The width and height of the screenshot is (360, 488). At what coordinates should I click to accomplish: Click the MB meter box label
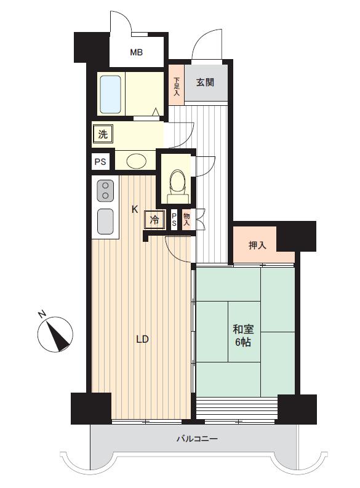pyautogui.click(x=136, y=52)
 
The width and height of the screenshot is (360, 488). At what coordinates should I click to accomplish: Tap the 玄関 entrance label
pyautogui.click(x=205, y=82)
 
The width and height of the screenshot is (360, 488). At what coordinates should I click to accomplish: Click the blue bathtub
pyautogui.click(x=110, y=94)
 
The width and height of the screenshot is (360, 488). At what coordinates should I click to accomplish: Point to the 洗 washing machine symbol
pyautogui.click(x=103, y=134)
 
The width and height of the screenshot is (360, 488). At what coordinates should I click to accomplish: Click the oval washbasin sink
pyautogui.click(x=137, y=161)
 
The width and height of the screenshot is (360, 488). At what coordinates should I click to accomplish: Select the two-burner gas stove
pyautogui.click(x=105, y=191)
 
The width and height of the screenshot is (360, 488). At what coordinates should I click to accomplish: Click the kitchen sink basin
pyautogui.click(x=105, y=221)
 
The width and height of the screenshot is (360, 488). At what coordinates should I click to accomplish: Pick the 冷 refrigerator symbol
pyautogui.click(x=154, y=220)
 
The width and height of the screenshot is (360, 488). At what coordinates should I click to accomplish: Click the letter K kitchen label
pyautogui.click(x=134, y=210)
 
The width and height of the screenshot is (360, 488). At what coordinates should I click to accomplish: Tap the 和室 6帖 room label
pyautogui.click(x=243, y=335)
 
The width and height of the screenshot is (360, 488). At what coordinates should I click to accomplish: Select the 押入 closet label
pyautogui.click(x=257, y=246)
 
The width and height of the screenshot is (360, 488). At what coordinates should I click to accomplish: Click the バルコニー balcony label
pyautogui.click(x=198, y=439)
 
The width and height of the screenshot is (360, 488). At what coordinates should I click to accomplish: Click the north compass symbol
pyautogui.click(x=55, y=334)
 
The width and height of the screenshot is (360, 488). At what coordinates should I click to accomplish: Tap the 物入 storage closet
pyautogui.click(x=187, y=220)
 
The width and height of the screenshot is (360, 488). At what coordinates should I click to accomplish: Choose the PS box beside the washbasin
pyautogui.click(x=100, y=162)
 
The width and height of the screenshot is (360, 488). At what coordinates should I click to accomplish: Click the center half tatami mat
pyautogui.click(x=244, y=331)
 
